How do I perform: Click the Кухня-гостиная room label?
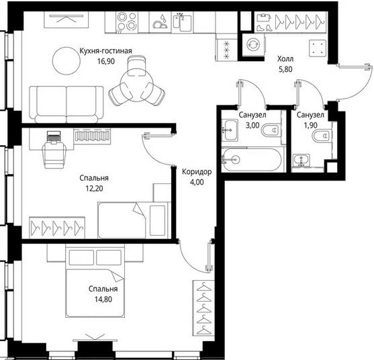(105, 51)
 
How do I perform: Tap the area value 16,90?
(106, 62)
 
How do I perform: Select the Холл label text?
(285, 58)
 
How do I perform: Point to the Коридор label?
(197, 172)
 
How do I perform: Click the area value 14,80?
(103, 299)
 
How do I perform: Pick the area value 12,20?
(94, 189)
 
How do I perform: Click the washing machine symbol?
(253, 45)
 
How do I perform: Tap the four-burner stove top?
(127, 22)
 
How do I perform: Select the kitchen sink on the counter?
(182, 22)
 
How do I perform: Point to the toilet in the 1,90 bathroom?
(322, 136)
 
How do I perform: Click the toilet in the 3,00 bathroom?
(271, 130)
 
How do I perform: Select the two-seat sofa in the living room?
(66, 105)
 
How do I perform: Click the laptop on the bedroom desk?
(54, 137)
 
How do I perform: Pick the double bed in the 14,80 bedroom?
(95, 281)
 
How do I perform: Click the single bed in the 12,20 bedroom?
(134, 220)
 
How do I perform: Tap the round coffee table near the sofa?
(66, 61)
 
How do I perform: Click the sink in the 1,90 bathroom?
(301, 160)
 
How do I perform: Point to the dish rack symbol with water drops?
(160, 22)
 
